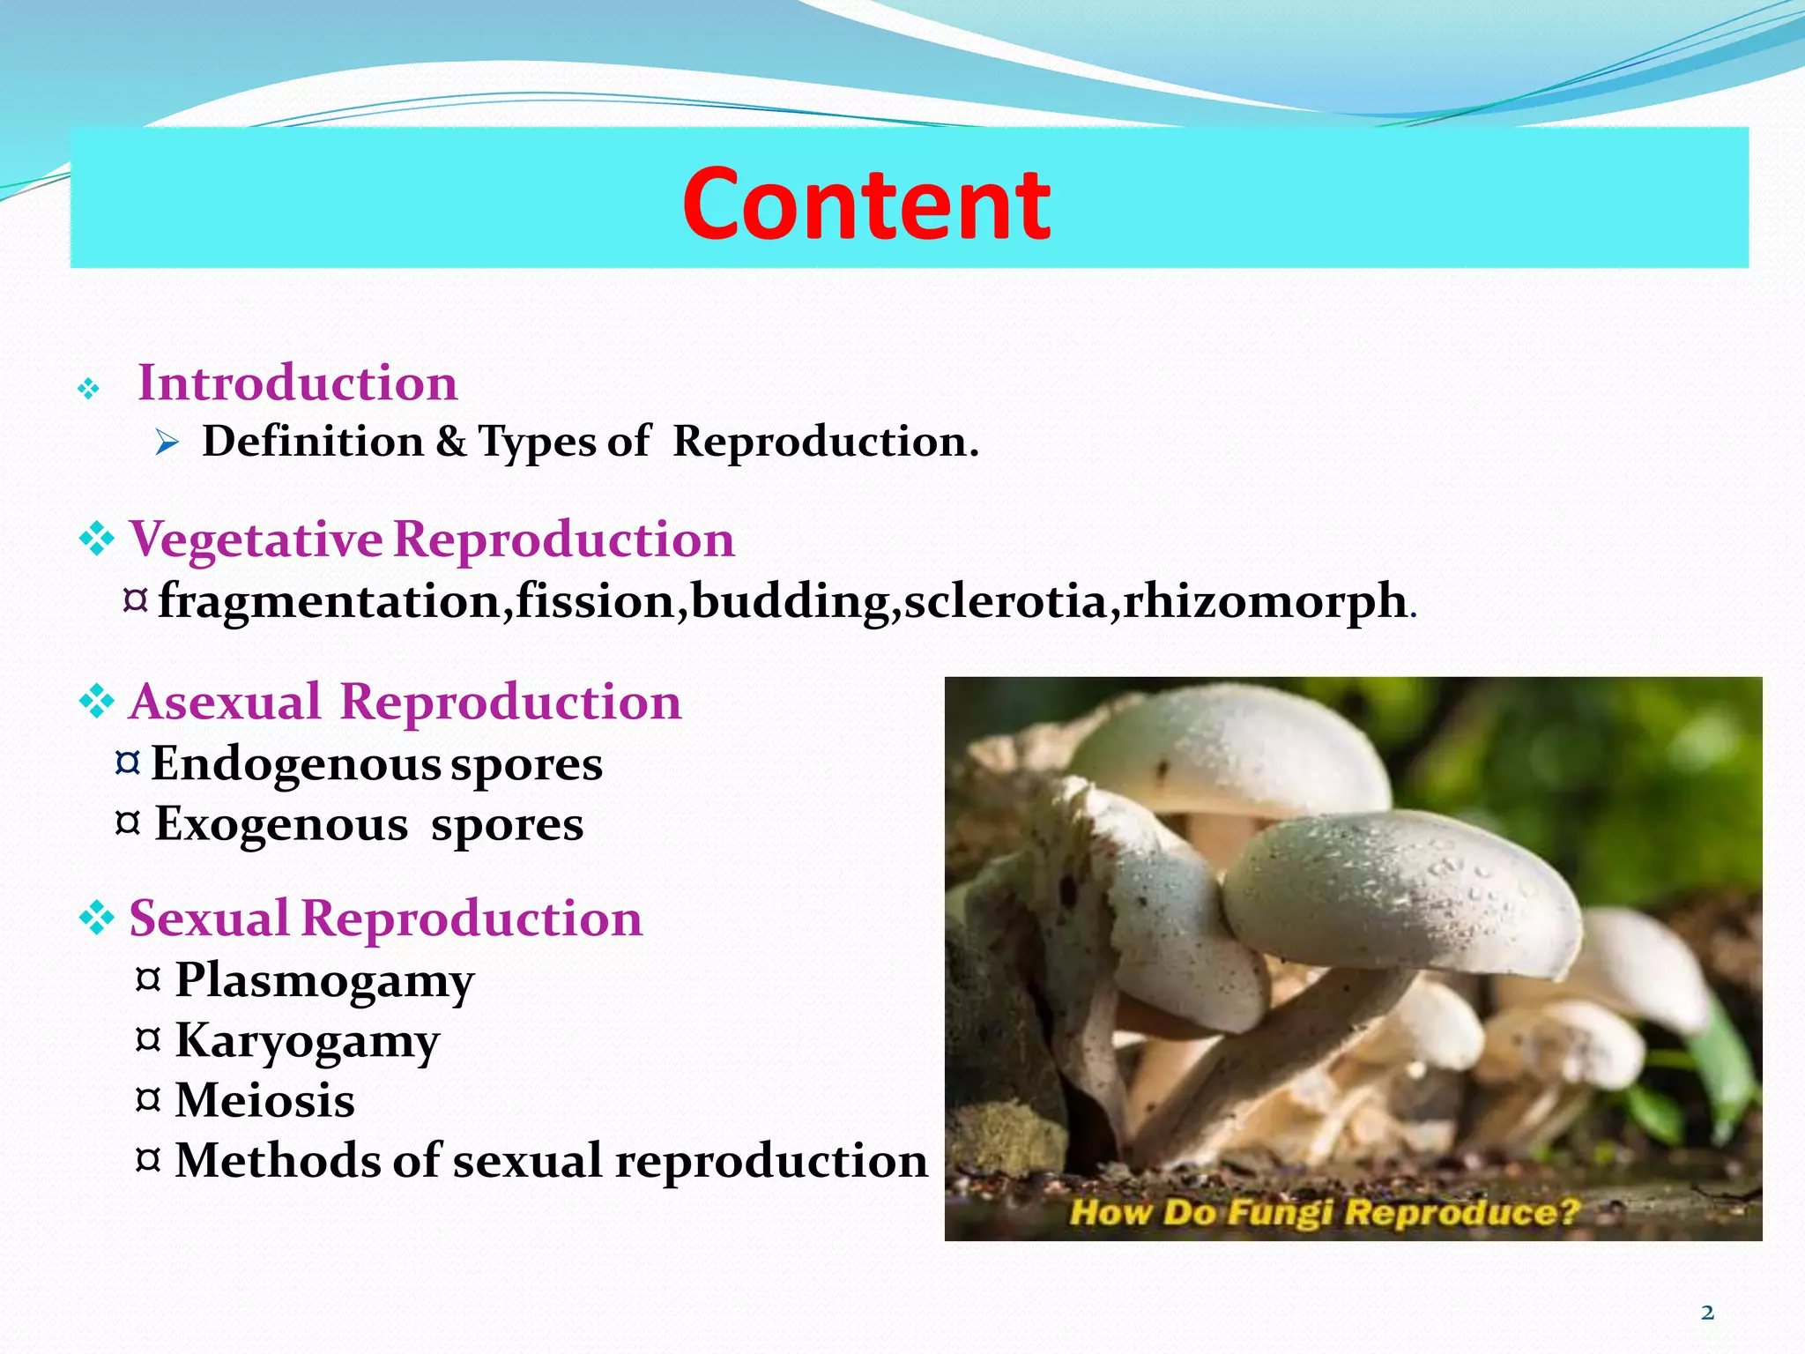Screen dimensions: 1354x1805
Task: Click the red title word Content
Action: [x=865, y=205]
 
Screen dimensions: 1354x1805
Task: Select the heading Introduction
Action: [x=297, y=383]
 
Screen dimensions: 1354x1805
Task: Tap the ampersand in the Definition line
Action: [x=450, y=441]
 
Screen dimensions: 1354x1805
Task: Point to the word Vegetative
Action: [x=256, y=539]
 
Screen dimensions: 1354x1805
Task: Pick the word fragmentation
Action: [x=330, y=602]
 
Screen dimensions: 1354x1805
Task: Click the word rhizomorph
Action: [x=1265, y=602]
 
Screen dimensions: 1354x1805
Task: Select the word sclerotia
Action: [x=1005, y=602]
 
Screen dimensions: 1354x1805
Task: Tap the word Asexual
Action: [x=225, y=703]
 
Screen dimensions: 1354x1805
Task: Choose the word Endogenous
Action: [x=296, y=763]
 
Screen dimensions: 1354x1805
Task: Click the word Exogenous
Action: [x=281, y=824]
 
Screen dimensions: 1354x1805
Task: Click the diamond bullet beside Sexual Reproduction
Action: [x=97, y=919]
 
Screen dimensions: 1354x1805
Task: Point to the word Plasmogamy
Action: [x=324, y=980]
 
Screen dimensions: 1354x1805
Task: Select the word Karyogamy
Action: [x=307, y=1041]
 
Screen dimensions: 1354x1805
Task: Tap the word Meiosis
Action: [x=264, y=1100]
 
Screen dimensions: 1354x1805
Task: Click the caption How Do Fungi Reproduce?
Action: [x=1324, y=1212]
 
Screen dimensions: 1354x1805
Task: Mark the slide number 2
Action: [x=1707, y=1313]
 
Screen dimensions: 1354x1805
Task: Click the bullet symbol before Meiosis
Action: [x=148, y=1099]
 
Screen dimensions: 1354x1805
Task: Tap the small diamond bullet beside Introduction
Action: [x=88, y=389]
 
